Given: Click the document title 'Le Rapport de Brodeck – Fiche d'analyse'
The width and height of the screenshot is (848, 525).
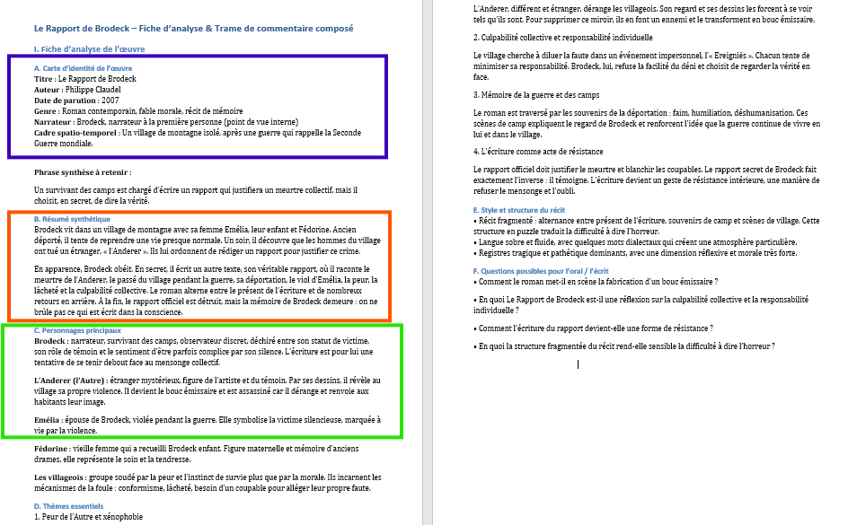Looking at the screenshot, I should coord(193,29).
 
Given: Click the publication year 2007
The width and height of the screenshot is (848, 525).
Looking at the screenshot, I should coord(110,101).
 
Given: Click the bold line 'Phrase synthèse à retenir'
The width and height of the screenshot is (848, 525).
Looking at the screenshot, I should coord(83,171).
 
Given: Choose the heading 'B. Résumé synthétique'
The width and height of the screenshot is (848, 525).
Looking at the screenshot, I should coord(72,219).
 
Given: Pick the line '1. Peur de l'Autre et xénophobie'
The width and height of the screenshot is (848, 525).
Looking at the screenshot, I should coord(88,517).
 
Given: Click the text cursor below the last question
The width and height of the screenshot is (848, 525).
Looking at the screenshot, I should coord(578,363).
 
